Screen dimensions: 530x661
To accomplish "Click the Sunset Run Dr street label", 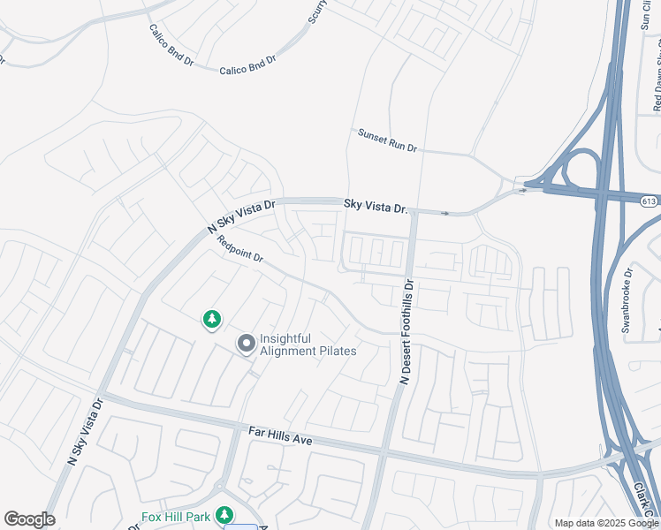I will (x=387, y=140).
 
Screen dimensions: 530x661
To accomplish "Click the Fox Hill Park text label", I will (x=178, y=516).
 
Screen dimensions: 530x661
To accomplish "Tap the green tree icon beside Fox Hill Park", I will (x=225, y=514).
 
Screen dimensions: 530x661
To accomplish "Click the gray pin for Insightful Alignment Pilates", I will (x=245, y=343).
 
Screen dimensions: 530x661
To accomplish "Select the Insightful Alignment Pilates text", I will (x=308, y=344).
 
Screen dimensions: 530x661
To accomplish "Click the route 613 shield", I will (x=650, y=201).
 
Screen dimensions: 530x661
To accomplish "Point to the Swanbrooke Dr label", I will (x=627, y=300).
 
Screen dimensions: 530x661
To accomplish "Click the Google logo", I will (x=29, y=519).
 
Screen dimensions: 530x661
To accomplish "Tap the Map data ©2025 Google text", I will (x=607, y=523).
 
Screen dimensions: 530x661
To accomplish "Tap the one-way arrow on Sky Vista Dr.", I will (x=445, y=213).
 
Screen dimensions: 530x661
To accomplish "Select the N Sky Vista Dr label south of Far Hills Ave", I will (x=86, y=431).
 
